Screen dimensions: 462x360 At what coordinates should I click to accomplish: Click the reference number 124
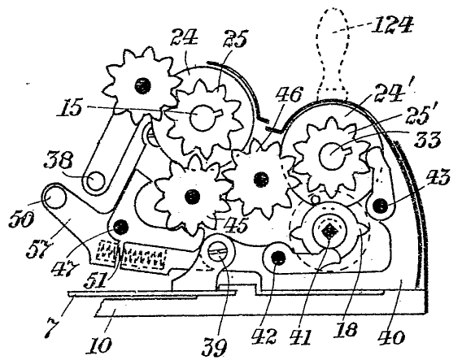tap(391, 25)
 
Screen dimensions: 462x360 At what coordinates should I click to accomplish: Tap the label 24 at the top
tap(184, 38)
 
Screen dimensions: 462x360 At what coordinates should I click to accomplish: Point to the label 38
tap(58, 160)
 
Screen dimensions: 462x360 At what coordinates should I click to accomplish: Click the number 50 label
tap(21, 219)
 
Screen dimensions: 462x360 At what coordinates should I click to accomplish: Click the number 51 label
tap(95, 281)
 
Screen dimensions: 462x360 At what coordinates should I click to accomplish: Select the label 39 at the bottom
tap(214, 346)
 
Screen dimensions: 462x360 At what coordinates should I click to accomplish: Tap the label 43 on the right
tap(436, 179)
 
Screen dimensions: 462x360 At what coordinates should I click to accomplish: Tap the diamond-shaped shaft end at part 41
tap(329, 232)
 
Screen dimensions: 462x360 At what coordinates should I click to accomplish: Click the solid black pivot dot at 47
tap(120, 227)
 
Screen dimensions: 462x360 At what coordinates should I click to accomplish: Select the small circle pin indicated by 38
tap(95, 180)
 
